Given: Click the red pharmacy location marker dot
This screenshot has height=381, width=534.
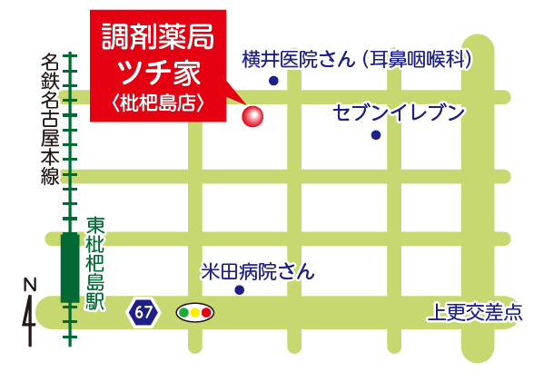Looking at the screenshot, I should (252, 116).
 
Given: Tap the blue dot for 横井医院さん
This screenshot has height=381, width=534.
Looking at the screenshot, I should (273, 81).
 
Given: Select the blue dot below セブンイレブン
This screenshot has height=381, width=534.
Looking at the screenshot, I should (375, 135).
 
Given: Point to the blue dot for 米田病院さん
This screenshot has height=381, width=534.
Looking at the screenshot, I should (240, 290).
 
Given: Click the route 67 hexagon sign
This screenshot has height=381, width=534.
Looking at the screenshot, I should (143, 313).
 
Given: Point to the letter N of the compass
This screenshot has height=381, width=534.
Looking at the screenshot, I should (29, 285).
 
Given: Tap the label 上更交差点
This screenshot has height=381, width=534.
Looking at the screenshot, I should (474, 314).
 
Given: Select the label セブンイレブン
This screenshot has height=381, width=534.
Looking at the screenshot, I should (399, 112).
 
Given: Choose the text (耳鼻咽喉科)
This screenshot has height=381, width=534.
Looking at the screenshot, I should (419, 60).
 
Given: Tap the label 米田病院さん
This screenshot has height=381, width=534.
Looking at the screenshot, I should (257, 270).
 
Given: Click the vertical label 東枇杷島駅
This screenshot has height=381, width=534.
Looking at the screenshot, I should (94, 263).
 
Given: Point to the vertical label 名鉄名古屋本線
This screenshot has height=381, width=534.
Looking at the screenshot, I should (49, 120).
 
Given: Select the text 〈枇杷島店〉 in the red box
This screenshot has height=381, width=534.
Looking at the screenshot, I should (157, 102).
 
